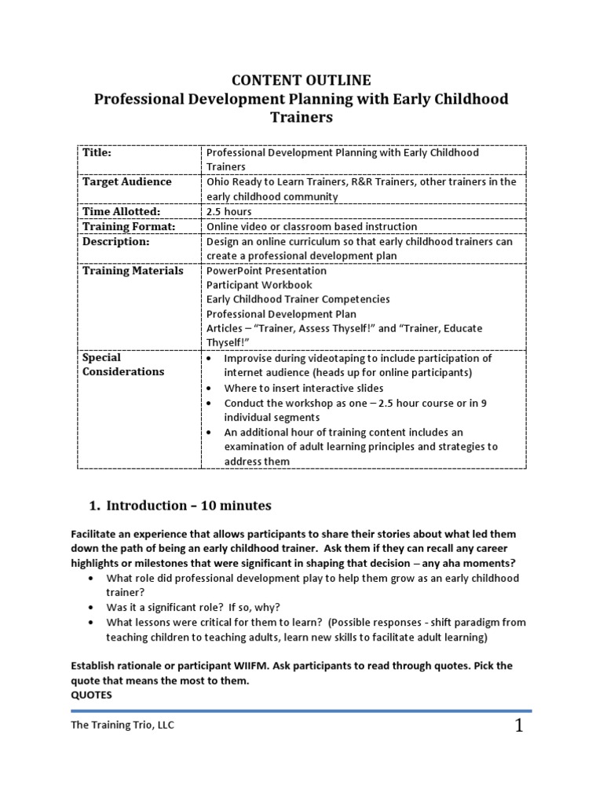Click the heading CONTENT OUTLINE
click(x=300, y=80)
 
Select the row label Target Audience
click(x=126, y=182)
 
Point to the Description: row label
click(x=115, y=242)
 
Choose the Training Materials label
click(x=133, y=271)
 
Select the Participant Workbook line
click(x=259, y=285)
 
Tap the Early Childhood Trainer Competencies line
click(x=298, y=299)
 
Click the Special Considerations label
click(x=123, y=364)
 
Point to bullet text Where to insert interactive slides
click(x=303, y=388)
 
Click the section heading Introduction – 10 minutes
click(x=188, y=505)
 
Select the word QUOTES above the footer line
click(x=92, y=694)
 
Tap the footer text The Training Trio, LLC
click(x=122, y=725)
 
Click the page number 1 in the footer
click(x=519, y=727)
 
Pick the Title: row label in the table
click(x=97, y=153)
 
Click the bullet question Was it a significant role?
click(x=201, y=608)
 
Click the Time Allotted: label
click(x=121, y=212)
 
